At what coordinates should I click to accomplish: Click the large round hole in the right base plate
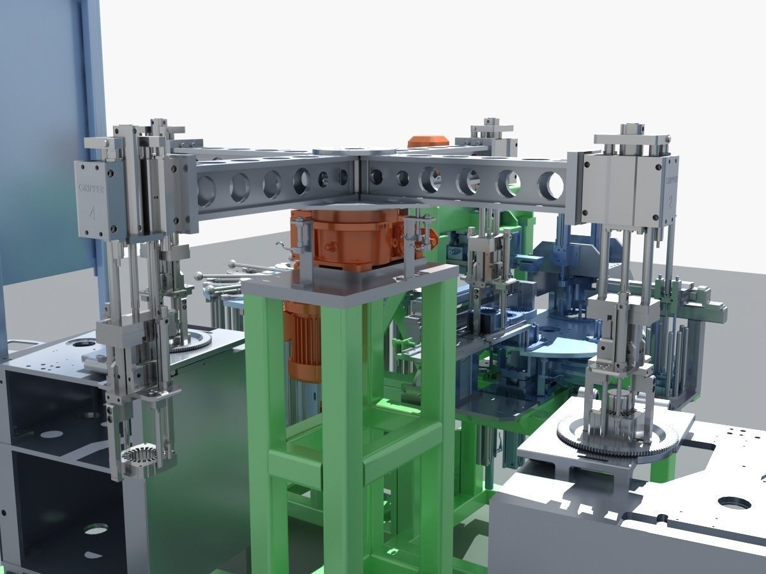733,502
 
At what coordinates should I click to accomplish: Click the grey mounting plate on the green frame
351,281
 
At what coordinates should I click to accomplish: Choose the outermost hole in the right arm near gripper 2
551,186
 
